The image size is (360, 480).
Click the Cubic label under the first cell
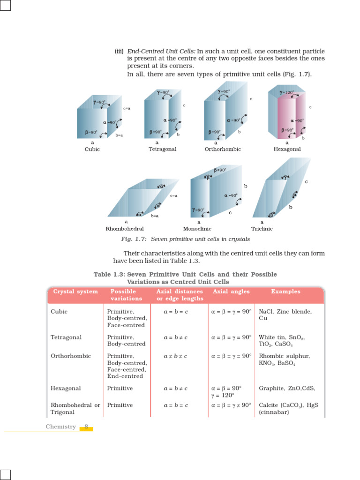coord(92,149)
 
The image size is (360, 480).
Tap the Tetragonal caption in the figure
coord(162,149)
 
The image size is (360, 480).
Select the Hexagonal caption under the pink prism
coord(287,149)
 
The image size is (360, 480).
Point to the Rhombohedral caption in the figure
coord(123,229)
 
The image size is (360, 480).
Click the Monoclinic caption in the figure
coord(197,229)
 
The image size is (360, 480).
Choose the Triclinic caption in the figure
coord(262,229)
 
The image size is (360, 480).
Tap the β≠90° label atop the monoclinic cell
coord(220,170)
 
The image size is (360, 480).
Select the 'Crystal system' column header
coord(75,292)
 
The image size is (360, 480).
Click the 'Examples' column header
coord(286,292)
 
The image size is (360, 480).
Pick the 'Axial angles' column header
coord(232,292)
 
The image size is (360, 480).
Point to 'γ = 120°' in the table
coord(226,395)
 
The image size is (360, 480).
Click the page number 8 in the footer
coord(86,427)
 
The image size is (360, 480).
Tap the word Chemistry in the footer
coord(60,427)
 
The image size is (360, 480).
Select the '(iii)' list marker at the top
coord(119,52)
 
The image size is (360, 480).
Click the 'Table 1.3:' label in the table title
coord(109,275)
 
